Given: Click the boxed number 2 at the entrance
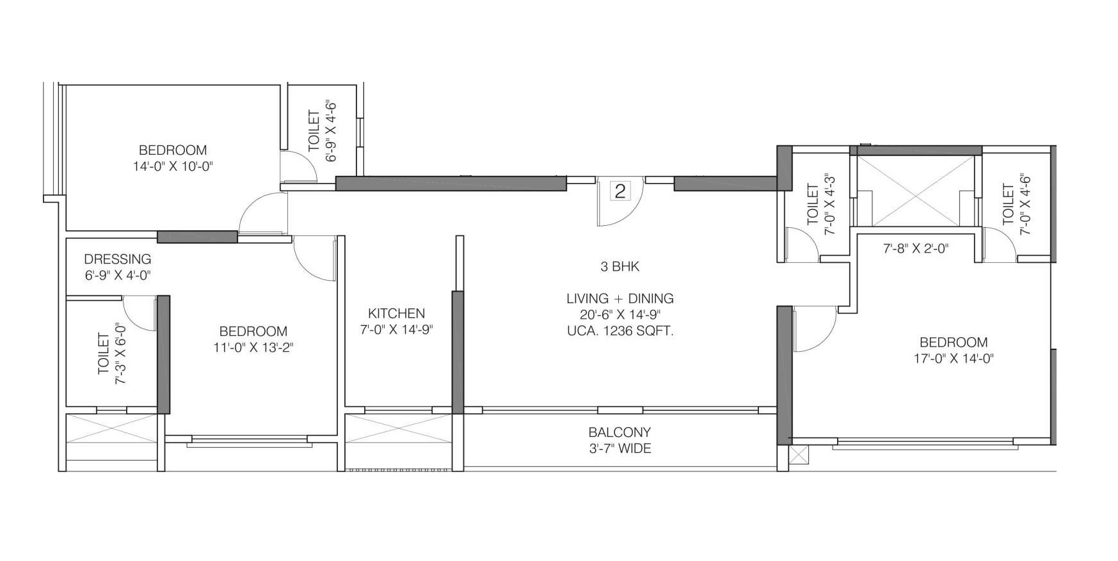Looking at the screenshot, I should point(619,191).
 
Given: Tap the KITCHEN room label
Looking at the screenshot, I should point(396,313).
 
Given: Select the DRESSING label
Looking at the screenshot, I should point(118,259).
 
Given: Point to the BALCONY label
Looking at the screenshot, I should point(619,432).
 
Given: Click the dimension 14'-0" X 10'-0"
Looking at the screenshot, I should point(172,167).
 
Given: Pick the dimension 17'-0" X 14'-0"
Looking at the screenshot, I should point(954,359).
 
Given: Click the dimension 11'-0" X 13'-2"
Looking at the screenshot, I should point(253,348).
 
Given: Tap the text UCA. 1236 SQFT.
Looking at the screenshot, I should point(619,331).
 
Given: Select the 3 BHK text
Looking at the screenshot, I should point(619,267).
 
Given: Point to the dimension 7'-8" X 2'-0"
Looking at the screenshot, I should point(916,248).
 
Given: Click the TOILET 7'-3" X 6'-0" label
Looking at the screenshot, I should point(111,358).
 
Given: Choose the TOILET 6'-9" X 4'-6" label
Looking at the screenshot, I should point(322,131).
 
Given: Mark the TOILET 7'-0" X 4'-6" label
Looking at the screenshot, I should point(1017,205).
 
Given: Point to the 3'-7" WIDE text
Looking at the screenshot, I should point(619,449).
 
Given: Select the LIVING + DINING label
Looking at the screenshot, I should point(619,298).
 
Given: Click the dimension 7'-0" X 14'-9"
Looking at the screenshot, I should point(396,330).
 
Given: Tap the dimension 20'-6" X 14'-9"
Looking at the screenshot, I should point(619,315).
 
